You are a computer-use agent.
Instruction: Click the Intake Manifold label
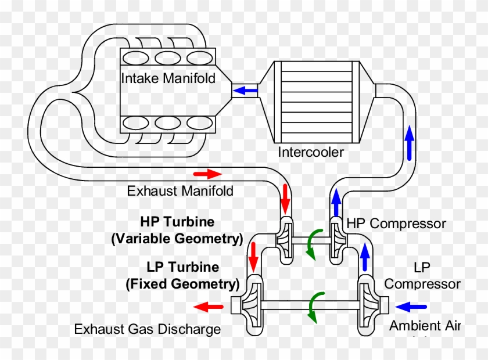pyautogui.click(x=168, y=78)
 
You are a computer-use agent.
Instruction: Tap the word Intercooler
pyautogui.click(x=311, y=153)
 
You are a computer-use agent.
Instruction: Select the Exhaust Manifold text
pyautogui.click(x=180, y=190)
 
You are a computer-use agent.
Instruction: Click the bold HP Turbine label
pyautogui.click(x=177, y=222)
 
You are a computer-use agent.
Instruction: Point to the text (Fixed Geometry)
pyautogui.click(x=182, y=285)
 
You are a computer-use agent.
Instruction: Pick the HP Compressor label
pyautogui.click(x=396, y=224)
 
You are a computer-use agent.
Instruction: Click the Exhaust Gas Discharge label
pyautogui.click(x=148, y=329)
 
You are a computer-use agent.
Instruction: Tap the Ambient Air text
pyautogui.click(x=424, y=326)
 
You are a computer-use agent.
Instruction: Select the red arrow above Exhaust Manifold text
pyautogui.click(x=207, y=174)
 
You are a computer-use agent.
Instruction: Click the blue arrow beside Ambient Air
pyautogui.click(x=414, y=306)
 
